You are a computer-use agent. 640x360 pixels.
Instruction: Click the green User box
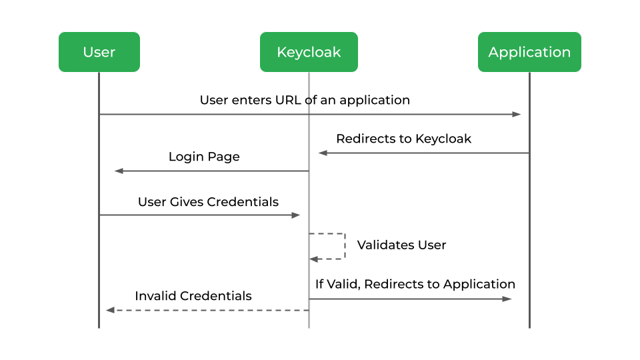click(x=99, y=52)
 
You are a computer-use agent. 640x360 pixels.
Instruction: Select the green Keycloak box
click(x=309, y=52)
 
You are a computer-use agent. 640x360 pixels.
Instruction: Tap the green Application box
click(x=529, y=52)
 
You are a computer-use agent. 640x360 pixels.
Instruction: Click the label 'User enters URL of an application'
click(x=305, y=100)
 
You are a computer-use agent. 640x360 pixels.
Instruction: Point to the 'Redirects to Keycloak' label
click(x=403, y=139)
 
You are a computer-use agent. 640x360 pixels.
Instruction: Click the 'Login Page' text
click(x=204, y=157)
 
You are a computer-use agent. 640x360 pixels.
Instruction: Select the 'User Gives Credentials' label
click(x=208, y=201)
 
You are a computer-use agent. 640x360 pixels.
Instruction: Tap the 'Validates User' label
click(x=401, y=245)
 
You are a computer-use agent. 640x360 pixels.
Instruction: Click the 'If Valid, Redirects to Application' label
click(x=415, y=284)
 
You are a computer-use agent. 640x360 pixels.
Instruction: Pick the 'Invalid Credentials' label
click(x=193, y=295)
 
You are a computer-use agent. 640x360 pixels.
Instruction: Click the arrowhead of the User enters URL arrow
click(x=517, y=115)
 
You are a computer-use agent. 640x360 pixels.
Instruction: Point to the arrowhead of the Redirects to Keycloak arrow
click(x=323, y=153)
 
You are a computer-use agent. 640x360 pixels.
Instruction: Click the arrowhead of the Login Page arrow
click(x=119, y=171)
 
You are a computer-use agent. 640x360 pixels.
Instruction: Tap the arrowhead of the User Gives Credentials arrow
click(x=296, y=215)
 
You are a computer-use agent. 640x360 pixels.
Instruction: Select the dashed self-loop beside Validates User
click(x=344, y=246)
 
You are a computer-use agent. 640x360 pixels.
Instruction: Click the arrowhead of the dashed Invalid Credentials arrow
click(x=111, y=310)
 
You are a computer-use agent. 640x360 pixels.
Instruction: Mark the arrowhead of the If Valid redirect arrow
click(x=507, y=299)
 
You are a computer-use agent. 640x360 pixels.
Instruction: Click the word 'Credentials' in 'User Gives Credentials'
click(x=243, y=201)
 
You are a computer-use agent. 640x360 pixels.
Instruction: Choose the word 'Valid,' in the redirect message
click(x=343, y=284)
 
